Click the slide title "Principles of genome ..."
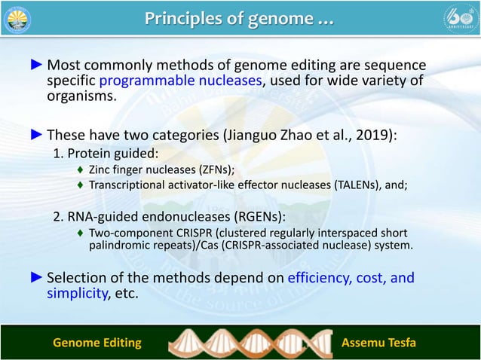point(240,18)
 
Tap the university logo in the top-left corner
point(18,19)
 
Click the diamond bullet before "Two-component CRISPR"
point(80,233)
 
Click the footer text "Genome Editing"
point(97,343)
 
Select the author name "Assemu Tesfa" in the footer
point(379,343)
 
